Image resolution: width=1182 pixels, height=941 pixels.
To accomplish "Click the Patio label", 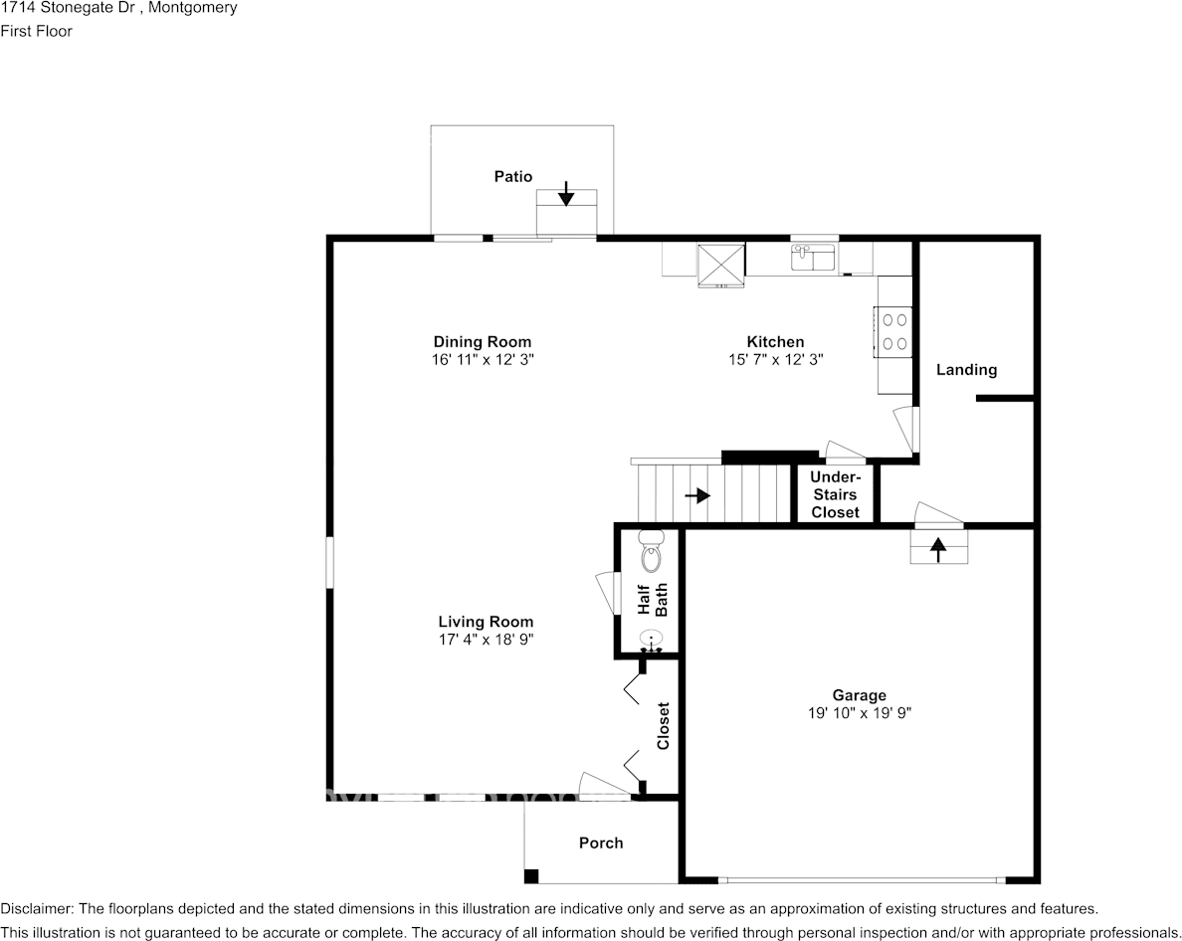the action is tap(512, 176).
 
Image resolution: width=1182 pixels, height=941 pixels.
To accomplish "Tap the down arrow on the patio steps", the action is tap(566, 194).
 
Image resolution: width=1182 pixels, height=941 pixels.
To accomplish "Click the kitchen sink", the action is tap(813, 257).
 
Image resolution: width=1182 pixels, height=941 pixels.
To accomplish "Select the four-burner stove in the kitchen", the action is tap(893, 331).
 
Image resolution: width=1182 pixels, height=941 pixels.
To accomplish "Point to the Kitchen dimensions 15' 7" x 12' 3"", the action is tap(776, 359).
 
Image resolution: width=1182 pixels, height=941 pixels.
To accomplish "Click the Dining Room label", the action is tap(483, 342).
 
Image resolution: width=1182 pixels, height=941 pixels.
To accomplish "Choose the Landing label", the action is tap(966, 370).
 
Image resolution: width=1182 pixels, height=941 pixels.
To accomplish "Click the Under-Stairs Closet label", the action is tap(835, 494).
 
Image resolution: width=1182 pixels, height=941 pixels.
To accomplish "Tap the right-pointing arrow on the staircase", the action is tap(697, 495).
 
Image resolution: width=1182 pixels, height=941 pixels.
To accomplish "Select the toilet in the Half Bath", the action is tap(651, 551).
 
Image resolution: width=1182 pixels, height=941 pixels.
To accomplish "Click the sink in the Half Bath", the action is tap(652, 642).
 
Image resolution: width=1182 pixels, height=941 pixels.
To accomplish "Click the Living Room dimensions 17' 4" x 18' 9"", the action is tap(487, 639).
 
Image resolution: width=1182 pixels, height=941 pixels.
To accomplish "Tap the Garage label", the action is tap(860, 695).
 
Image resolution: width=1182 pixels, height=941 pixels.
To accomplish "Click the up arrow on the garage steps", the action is tap(938, 549).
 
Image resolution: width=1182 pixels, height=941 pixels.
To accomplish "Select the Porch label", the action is tap(601, 844).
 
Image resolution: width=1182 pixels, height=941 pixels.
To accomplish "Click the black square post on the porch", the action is tap(531, 876).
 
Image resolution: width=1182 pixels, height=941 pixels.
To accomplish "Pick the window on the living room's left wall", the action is tap(329, 562).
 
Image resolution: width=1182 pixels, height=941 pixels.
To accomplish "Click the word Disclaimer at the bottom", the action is tap(36, 908).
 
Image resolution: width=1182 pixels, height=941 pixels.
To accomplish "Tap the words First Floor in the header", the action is tap(36, 31).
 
